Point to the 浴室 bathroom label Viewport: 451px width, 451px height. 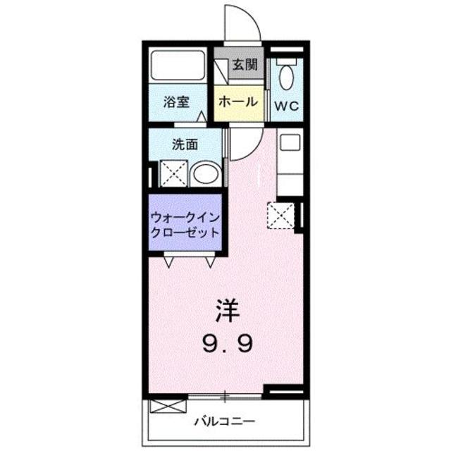tap(176, 101)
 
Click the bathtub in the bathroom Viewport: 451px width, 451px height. tap(178, 67)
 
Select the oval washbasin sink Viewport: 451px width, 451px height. tap(206, 173)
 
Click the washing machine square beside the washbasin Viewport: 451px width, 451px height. tap(172, 173)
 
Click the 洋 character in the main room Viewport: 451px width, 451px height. tap(225, 309)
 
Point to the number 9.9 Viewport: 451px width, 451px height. tap(225, 343)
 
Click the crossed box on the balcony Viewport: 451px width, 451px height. tap(168, 407)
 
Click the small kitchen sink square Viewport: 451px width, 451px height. tap(289, 142)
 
